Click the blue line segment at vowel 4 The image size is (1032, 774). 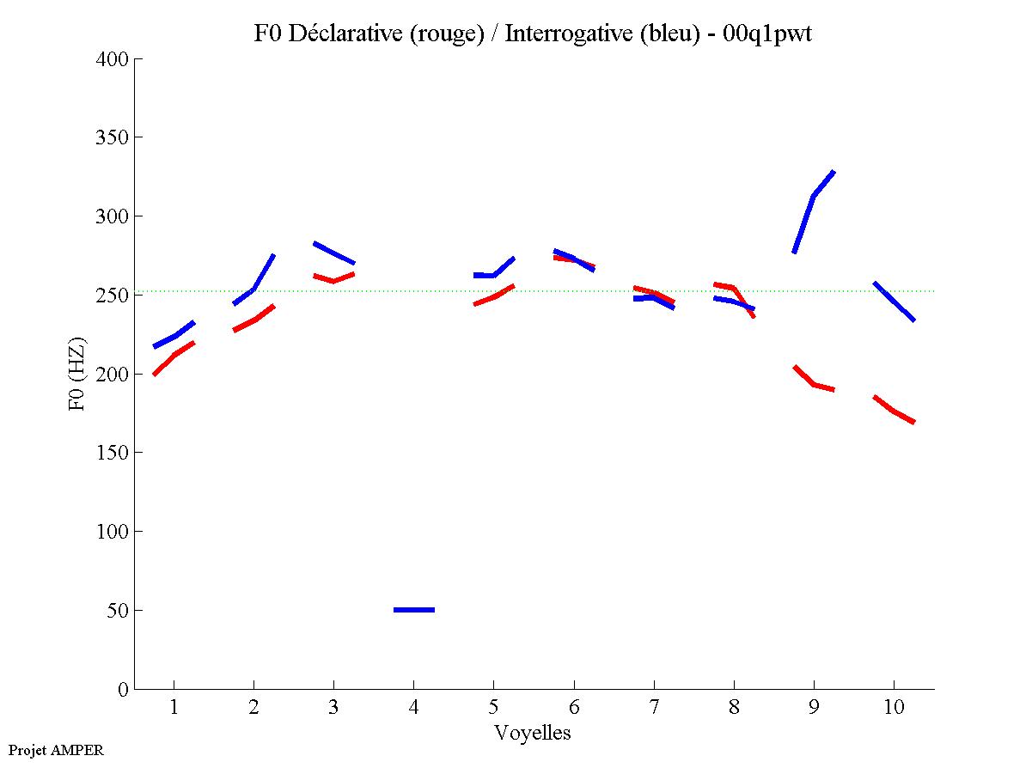[x=414, y=610]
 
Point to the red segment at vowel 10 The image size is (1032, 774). [x=894, y=411]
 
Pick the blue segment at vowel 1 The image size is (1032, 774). [x=175, y=336]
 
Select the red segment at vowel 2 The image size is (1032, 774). [x=254, y=320]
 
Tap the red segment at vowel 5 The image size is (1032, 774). [x=494, y=296]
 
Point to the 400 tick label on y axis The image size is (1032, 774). [x=113, y=59]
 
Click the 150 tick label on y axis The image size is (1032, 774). [x=113, y=453]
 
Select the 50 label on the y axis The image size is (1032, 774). [x=118, y=611]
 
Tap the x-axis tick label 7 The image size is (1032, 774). [x=654, y=708]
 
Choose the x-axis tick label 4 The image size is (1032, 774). [x=413, y=708]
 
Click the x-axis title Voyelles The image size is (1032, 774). [x=533, y=734]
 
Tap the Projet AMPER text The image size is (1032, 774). [x=56, y=750]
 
